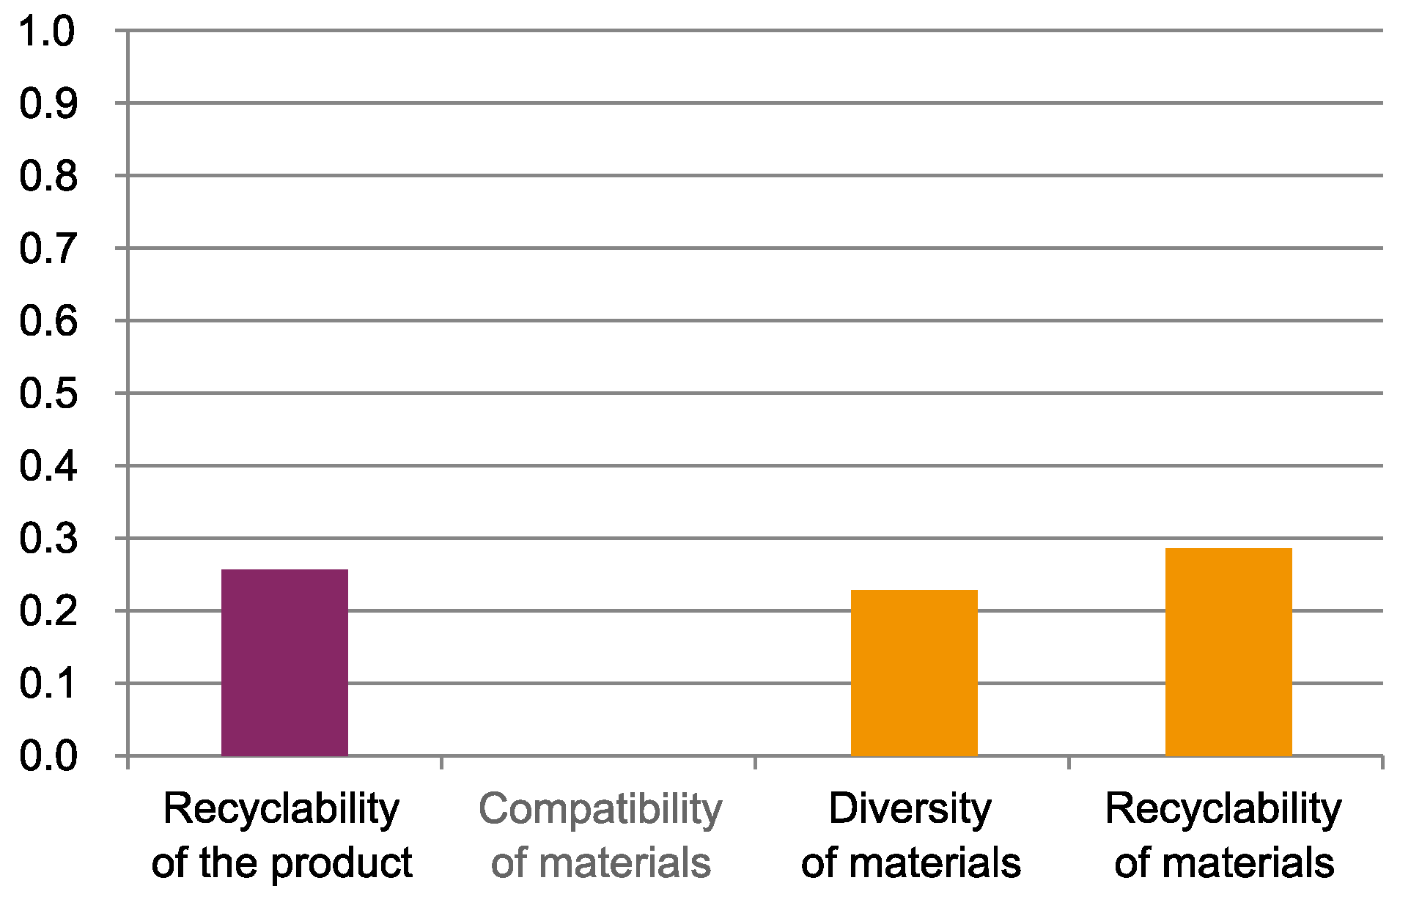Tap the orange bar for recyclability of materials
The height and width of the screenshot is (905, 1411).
pos(1228,651)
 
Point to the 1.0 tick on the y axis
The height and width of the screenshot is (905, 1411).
pos(48,32)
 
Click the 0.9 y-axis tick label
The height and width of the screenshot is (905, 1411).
pos(48,104)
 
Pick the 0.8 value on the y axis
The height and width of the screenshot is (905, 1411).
pos(48,177)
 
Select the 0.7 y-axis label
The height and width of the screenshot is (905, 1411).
pos(48,249)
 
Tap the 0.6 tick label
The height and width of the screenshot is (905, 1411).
pos(48,322)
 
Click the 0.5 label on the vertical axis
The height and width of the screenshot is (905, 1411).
pos(48,394)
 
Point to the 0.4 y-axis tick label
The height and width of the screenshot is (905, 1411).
pos(48,467)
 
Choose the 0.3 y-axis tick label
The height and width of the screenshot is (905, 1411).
pos(48,539)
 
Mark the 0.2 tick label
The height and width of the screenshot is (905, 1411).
pos(48,611)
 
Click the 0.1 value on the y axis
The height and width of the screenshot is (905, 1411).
pos(48,684)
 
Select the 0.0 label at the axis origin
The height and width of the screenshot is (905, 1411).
pos(48,756)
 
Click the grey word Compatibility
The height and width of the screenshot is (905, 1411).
pos(600,810)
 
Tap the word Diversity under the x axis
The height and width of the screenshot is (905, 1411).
pos(910,809)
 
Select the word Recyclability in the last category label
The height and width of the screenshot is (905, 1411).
pos(1223,810)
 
